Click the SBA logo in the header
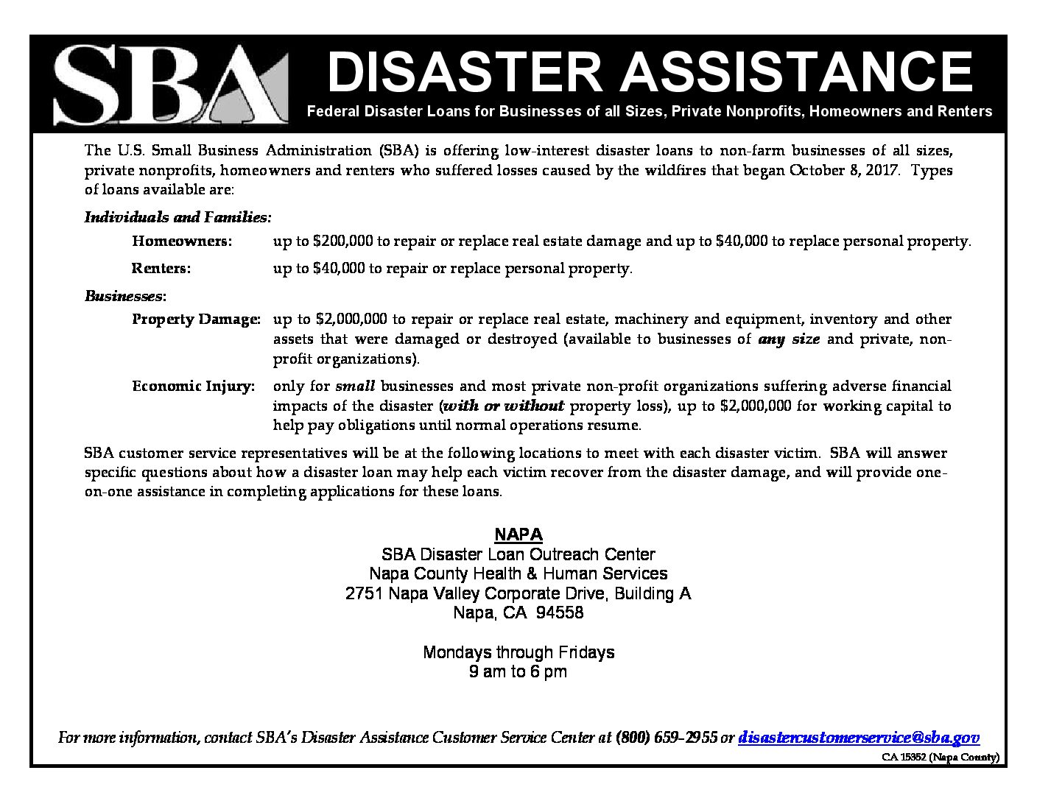169,84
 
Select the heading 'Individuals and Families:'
178,218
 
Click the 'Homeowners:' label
182,241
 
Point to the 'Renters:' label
161,269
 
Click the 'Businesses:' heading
126,296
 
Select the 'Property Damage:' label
196,320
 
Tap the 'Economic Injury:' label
194,387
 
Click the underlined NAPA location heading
518,534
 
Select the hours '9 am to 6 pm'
518,671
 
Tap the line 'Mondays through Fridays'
518,652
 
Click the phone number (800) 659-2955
666,738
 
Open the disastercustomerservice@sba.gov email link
859,738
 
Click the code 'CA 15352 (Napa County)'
941,757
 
